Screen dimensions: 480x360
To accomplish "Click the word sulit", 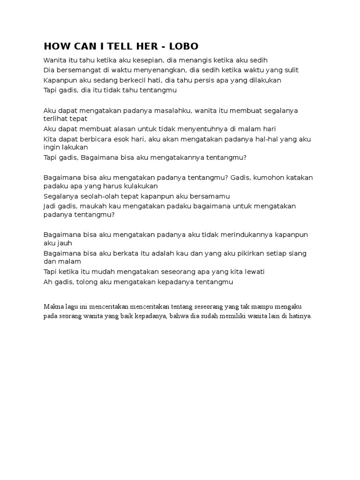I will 290,70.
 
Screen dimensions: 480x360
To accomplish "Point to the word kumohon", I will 260,178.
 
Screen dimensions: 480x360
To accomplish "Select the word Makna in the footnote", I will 53,307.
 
